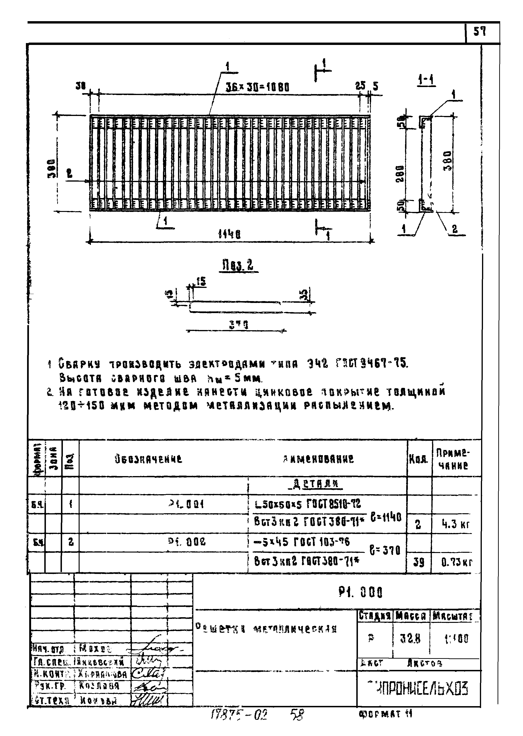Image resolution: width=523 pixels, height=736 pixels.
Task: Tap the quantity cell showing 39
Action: pos(418,562)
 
